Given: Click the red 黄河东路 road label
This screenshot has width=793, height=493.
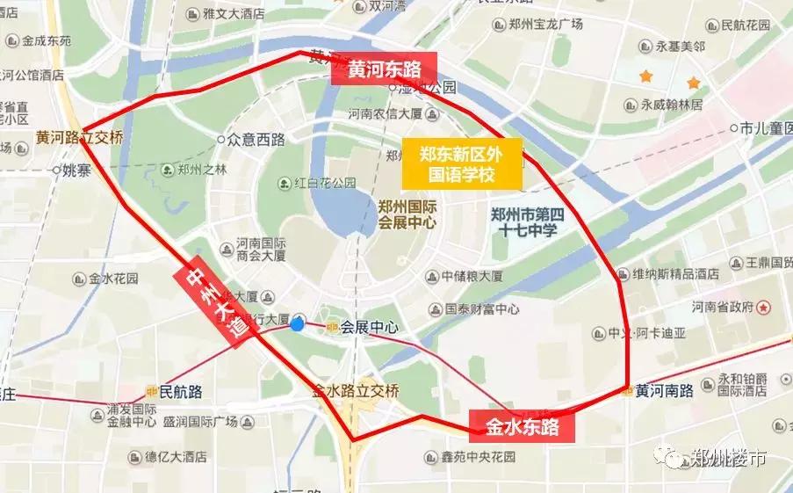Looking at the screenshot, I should [384, 69].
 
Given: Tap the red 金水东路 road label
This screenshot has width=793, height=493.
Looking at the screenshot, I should [522, 427].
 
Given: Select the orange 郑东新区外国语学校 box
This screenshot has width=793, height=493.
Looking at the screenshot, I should [462, 163].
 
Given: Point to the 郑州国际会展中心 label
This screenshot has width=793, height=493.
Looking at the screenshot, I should [407, 214].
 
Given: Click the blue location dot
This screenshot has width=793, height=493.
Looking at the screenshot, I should [297, 323].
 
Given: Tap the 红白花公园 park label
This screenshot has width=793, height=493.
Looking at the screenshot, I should [325, 183].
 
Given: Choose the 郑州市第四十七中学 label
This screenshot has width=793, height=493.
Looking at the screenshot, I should [524, 222].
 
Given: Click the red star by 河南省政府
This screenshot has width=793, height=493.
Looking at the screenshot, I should [764, 308].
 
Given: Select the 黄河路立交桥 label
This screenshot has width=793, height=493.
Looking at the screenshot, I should [79, 138].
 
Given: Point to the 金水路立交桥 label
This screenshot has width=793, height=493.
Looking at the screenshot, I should [357, 391].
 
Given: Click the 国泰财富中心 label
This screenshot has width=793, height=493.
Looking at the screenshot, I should [482, 309].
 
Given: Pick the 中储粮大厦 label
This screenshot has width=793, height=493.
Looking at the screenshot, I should [472, 276].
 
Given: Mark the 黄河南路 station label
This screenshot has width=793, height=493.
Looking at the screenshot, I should [665, 390].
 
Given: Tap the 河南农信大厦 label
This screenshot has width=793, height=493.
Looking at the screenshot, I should [386, 113].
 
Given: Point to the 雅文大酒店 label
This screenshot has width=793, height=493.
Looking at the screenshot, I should [233, 14].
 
